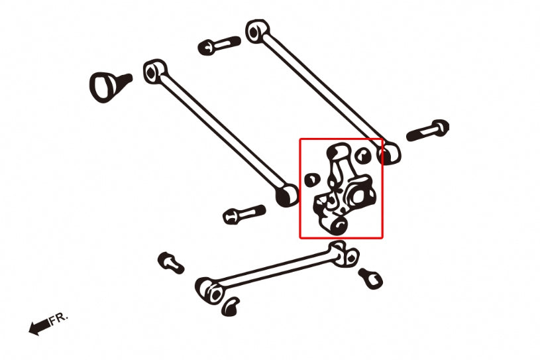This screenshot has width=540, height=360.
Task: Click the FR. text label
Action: tap(58, 319)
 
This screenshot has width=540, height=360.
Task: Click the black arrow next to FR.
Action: tap(39, 326)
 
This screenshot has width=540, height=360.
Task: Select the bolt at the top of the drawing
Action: tap(218, 46)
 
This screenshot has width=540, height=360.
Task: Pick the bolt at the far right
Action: tap(428, 130)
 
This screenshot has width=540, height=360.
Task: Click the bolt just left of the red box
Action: tap(244, 214)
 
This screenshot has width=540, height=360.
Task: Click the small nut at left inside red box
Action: tap(309, 179)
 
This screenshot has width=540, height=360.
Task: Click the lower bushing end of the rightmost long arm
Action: tap(389, 154)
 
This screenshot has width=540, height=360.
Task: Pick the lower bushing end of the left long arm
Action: tap(287, 195)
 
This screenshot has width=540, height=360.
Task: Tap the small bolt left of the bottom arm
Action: tap(170, 262)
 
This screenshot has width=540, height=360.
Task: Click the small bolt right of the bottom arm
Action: tap(370, 278)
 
